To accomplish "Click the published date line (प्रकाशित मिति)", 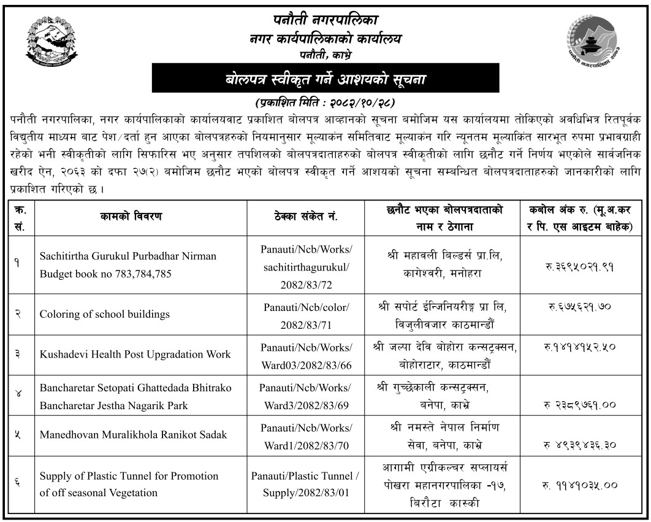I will point(325,101).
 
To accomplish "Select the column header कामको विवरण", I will point(130,216).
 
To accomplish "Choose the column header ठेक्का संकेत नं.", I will point(306,216).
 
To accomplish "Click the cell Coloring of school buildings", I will point(105,314).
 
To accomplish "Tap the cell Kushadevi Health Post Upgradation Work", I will point(135,354).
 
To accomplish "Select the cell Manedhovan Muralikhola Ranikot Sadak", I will point(133,434).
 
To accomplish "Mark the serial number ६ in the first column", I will point(18,484).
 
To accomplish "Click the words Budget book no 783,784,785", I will point(105,274).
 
